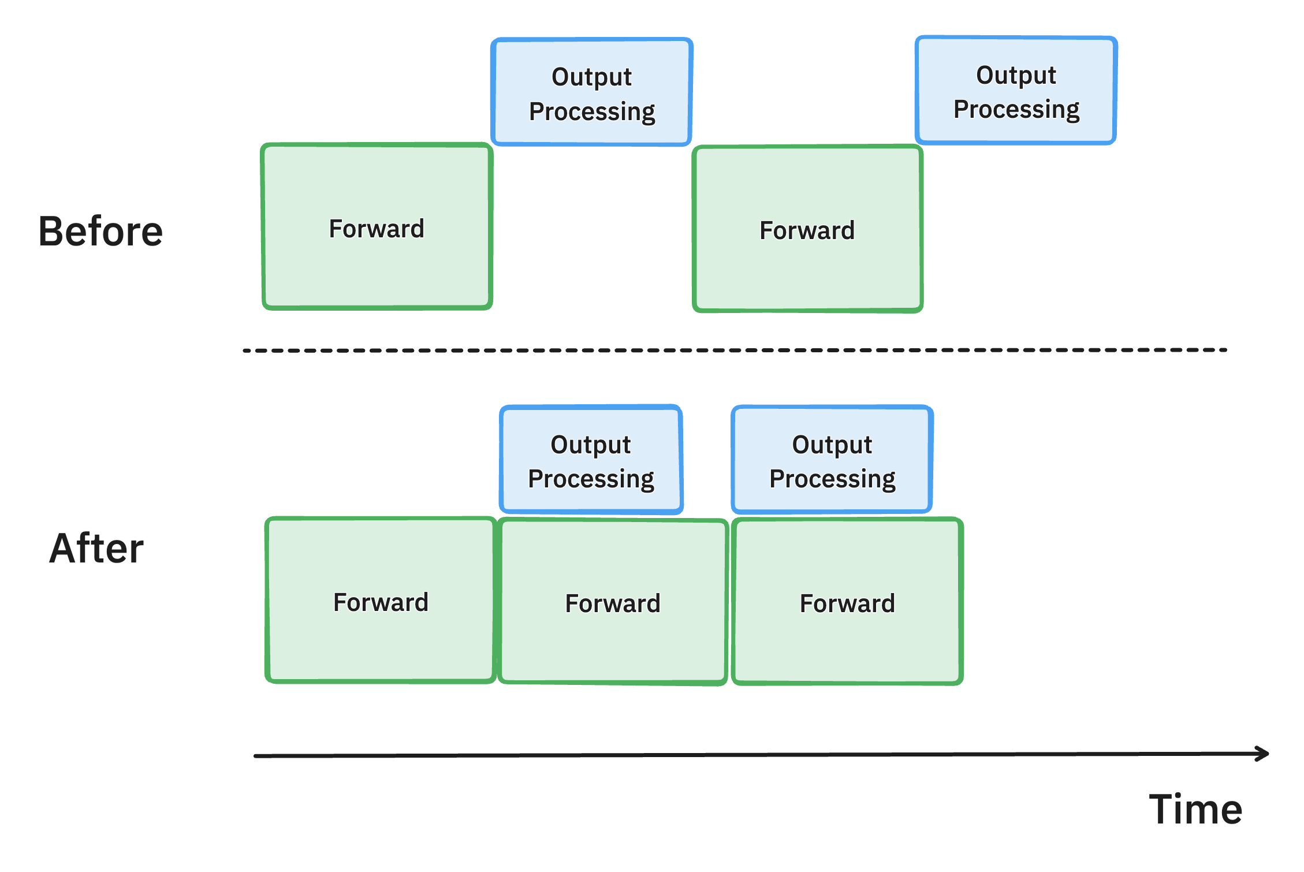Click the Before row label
tap(101, 231)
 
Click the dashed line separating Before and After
tap(733, 350)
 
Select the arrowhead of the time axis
tap(1264, 753)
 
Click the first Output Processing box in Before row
tap(591, 92)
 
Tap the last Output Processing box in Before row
tap(1016, 91)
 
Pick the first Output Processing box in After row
tap(591, 460)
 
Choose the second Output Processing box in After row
tap(832, 460)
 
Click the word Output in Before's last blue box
tap(1016, 75)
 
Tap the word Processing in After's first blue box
tap(591, 479)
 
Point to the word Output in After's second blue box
tap(832, 444)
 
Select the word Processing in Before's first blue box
tap(592, 111)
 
